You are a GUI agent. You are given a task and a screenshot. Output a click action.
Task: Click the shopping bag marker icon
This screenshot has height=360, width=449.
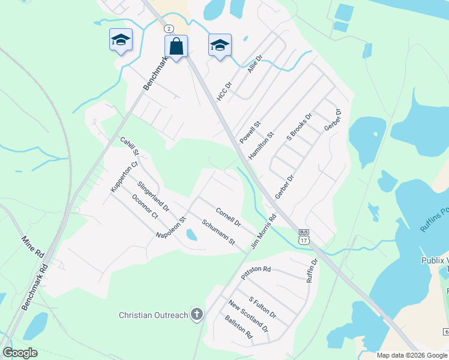tap(176, 46)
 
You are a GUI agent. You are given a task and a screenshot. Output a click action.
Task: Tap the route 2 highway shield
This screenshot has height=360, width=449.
tap(169, 29)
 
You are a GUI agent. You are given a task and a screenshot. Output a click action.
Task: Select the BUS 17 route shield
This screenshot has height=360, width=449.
tap(304, 236)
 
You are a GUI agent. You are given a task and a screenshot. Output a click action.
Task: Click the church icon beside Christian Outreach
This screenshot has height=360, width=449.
tap(196, 314)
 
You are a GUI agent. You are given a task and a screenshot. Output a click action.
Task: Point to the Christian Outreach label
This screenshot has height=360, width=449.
tap(154, 314)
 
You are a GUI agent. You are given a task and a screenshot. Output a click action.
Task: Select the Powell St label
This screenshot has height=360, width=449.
tap(250, 132)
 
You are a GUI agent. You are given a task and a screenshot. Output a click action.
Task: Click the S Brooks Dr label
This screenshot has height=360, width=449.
tap(300, 127)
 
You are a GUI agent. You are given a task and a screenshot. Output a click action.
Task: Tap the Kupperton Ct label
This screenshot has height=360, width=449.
tap(124, 176)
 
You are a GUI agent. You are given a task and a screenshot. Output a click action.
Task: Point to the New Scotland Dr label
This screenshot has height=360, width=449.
tap(248, 316)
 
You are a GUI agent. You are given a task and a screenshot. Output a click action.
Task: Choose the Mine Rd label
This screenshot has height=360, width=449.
tap(33, 247)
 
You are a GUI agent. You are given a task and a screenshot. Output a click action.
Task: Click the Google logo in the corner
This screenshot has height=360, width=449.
tap(20, 352)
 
